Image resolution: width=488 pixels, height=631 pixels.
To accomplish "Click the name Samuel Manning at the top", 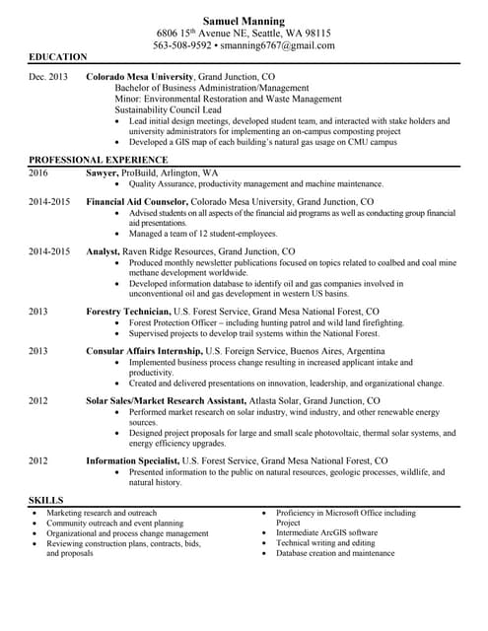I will click(x=244, y=21).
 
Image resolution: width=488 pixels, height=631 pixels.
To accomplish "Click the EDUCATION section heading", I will click(x=57, y=58).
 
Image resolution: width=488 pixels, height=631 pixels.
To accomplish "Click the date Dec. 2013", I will click(x=48, y=76).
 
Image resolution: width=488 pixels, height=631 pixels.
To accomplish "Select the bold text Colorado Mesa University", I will click(x=140, y=76).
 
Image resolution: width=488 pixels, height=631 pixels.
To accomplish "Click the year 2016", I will click(x=38, y=173).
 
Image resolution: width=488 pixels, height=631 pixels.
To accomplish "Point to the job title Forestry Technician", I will click(x=128, y=311).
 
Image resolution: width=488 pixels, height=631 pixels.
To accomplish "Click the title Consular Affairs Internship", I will click(x=144, y=350).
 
